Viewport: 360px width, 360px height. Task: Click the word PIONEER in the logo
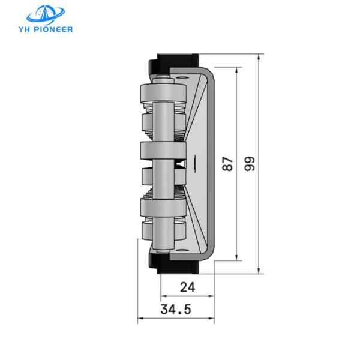tap(54, 28)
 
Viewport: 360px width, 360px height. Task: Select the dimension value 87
tap(227, 163)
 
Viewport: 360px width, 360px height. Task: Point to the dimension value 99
tap(250, 163)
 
